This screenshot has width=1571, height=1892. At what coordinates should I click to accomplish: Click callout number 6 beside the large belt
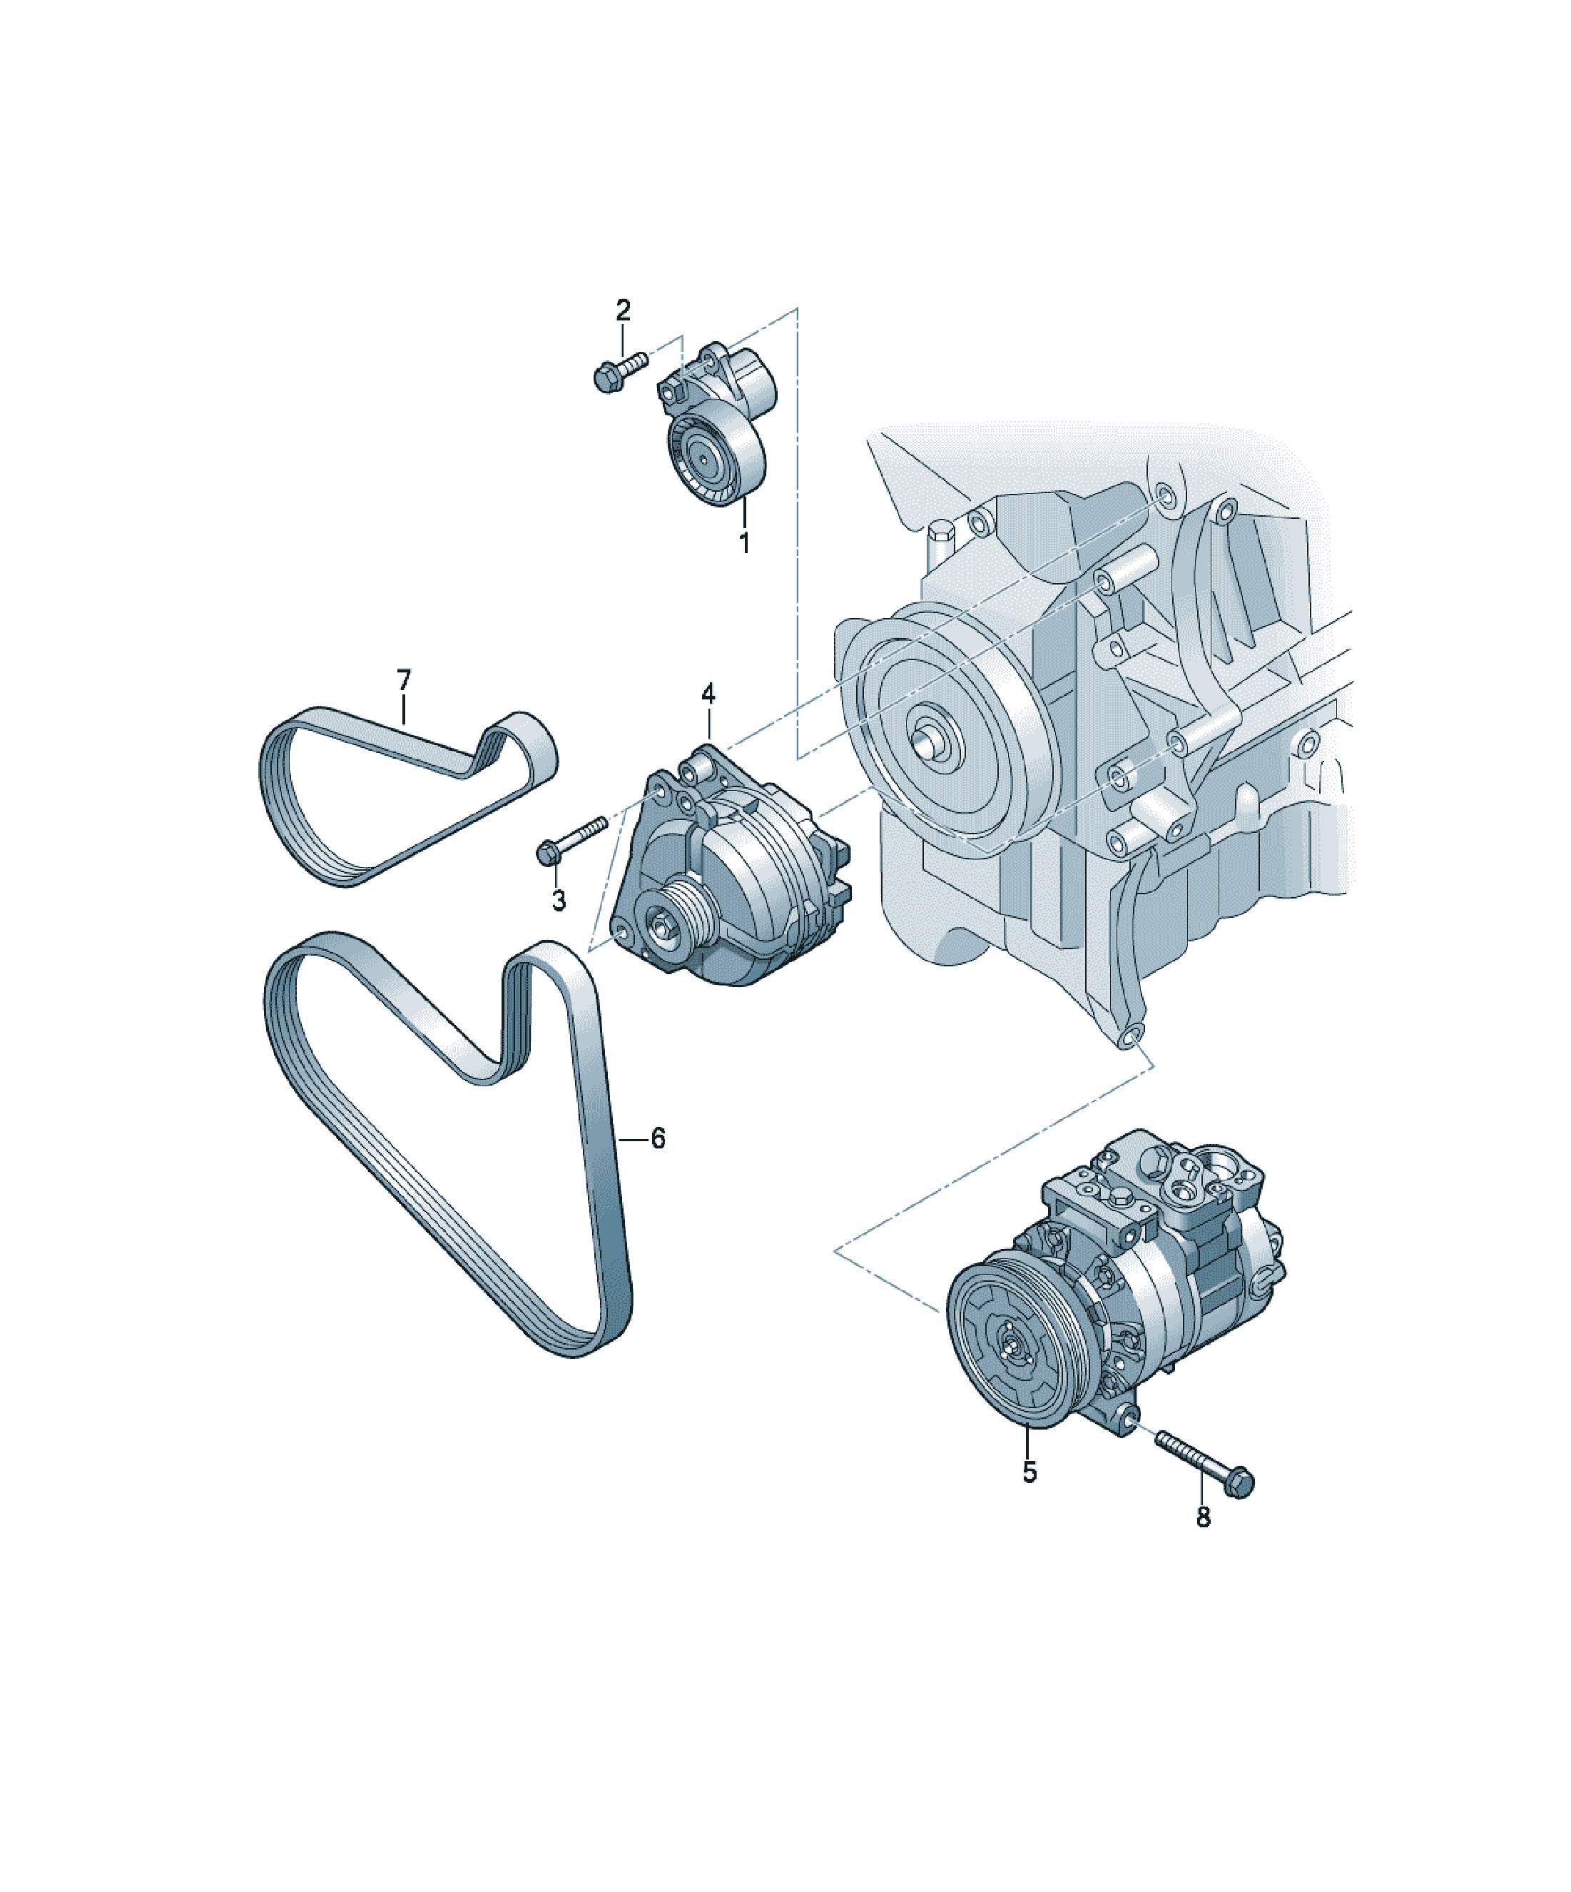click(659, 1139)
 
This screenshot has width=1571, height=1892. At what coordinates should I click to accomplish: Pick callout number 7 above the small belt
click(404, 679)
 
